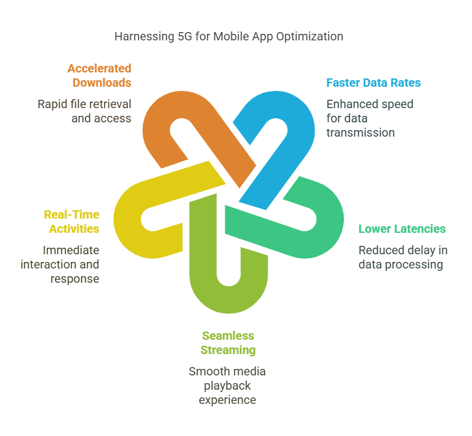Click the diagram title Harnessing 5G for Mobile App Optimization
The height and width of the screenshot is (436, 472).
[228, 36]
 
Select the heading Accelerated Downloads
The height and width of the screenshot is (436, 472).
[99, 75]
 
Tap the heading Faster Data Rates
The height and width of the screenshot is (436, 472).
[373, 83]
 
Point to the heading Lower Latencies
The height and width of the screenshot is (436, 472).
[402, 229]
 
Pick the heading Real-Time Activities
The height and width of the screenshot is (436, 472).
[71, 222]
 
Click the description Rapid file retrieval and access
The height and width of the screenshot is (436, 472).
[84, 111]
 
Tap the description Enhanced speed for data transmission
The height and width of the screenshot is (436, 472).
[369, 118]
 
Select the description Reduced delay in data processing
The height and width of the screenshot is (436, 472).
[402, 257]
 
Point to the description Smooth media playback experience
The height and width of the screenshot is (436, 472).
[227, 386]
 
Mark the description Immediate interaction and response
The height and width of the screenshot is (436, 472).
[60, 264]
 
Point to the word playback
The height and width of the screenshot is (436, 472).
[227, 386]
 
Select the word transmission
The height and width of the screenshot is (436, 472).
[360, 132]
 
